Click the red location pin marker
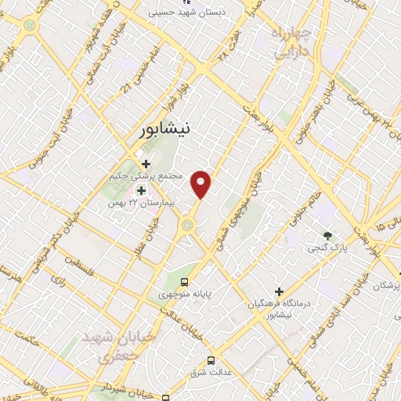[x=202, y=183]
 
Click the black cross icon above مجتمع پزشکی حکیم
[x=146, y=163]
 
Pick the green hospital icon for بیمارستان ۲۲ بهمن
[x=141, y=190]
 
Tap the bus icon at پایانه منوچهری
[x=183, y=282]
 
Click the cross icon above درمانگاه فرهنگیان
[x=279, y=291]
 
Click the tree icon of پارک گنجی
[x=327, y=235]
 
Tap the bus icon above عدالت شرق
[x=211, y=360]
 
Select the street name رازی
[x=57, y=278]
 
